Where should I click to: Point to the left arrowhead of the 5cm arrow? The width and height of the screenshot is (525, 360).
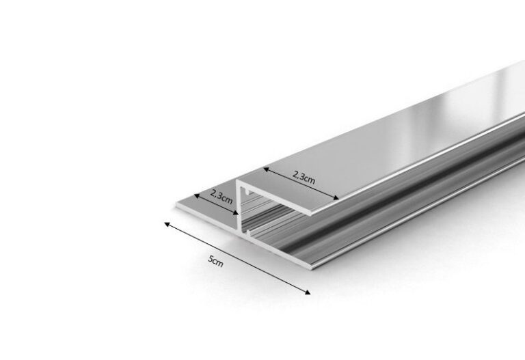click(165, 223)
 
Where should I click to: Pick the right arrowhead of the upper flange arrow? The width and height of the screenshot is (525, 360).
click(337, 200)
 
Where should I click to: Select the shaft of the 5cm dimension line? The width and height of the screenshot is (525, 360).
click(239, 258)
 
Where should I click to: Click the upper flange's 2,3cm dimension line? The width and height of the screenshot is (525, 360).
click(301, 184)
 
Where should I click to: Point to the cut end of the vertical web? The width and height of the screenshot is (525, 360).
click(240, 212)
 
